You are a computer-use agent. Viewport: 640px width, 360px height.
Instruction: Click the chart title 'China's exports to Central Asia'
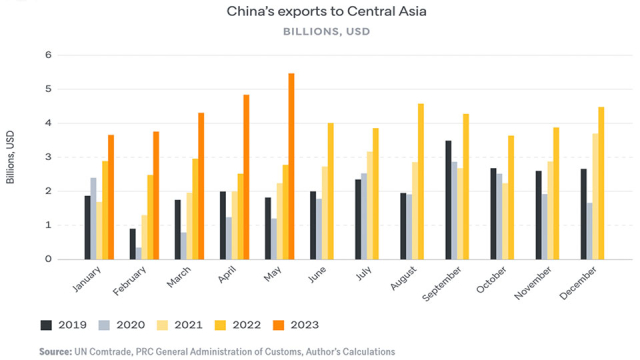pos(319,11)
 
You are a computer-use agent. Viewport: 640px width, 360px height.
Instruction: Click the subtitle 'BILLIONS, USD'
pos(319,32)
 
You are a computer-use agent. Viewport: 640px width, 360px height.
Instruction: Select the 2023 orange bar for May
pos(291,166)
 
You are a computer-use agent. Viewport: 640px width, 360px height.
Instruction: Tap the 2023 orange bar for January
pos(111,197)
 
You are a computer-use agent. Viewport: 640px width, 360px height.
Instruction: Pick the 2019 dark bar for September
pos(477,200)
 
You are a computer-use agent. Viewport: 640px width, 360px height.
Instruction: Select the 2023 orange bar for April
pos(246,177)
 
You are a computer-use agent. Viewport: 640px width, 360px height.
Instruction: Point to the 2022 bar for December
pos(601,183)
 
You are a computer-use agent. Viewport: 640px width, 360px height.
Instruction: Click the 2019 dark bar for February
pos(133,244)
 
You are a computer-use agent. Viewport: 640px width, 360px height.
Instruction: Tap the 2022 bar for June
pos(330,191)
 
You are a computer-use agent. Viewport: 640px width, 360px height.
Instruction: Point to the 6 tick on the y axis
pos(47,55)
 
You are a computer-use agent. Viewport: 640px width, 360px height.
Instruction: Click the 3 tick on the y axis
pos(47,157)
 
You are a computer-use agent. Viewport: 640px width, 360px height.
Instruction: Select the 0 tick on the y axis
pos(47,259)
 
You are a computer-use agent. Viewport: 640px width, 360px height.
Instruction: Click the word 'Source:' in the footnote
pos(55,351)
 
